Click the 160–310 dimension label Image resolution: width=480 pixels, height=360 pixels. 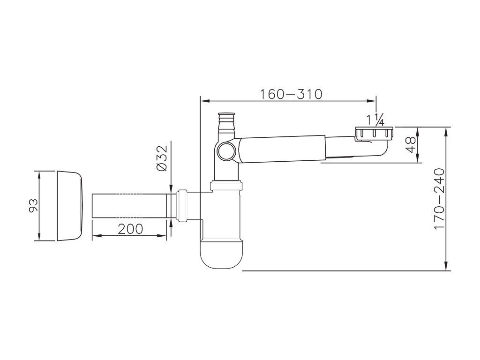[291, 94]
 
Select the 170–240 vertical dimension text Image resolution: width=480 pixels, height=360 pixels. [439, 198]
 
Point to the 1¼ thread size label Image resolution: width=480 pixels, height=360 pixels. [375, 120]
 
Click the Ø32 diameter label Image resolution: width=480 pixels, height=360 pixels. [162, 158]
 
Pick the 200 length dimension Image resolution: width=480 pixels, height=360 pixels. [130, 229]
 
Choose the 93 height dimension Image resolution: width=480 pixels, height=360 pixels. [33, 205]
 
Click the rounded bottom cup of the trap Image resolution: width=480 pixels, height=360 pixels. [222, 254]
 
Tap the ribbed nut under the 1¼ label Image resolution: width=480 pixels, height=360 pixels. [374, 133]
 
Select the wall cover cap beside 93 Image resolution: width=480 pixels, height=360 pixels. [69, 206]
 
